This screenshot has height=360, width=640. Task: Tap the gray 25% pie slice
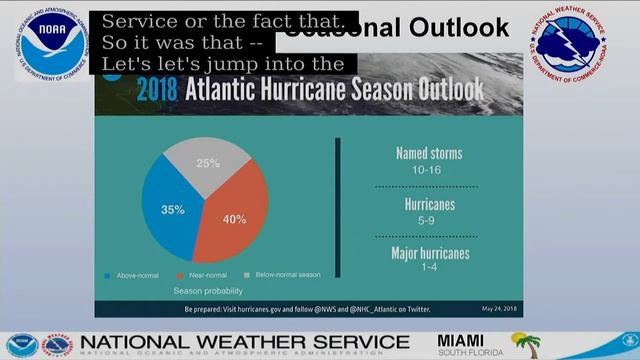tap(207, 162)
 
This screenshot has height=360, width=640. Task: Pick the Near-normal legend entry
tap(203, 273)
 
